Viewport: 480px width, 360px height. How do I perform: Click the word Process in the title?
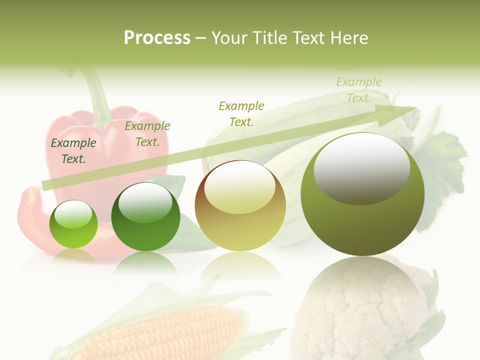pyautogui.click(x=157, y=38)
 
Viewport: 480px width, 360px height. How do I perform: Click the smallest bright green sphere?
pyautogui.click(x=73, y=224)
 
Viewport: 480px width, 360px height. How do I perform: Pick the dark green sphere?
pyautogui.click(x=145, y=216)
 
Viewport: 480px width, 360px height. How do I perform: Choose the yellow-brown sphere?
pyautogui.click(x=240, y=205)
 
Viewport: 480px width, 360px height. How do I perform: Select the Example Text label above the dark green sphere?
pyautogui.click(x=147, y=134)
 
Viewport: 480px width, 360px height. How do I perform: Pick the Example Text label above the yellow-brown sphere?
pyautogui.click(x=241, y=113)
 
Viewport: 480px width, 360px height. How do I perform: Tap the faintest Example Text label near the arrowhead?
pyautogui.click(x=358, y=90)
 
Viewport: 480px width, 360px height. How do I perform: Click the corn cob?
pyautogui.click(x=165, y=332)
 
